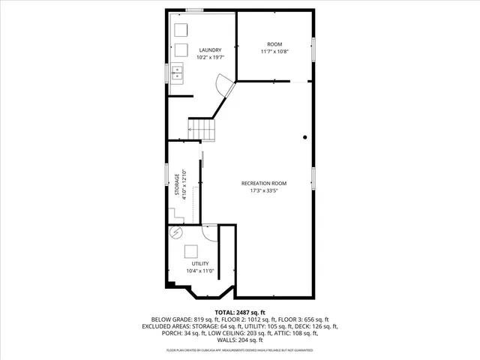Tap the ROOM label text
click(274, 44)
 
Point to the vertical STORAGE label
click(177, 187)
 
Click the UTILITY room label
click(199, 263)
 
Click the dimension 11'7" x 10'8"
click(274, 52)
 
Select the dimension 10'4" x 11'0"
click(199, 271)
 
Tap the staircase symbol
click(202, 130)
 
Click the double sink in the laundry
click(177, 73)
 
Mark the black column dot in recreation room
click(305, 137)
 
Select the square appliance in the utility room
click(192, 252)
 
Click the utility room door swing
click(209, 231)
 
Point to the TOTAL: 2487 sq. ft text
click(239, 311)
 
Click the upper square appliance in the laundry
click(181, 30)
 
